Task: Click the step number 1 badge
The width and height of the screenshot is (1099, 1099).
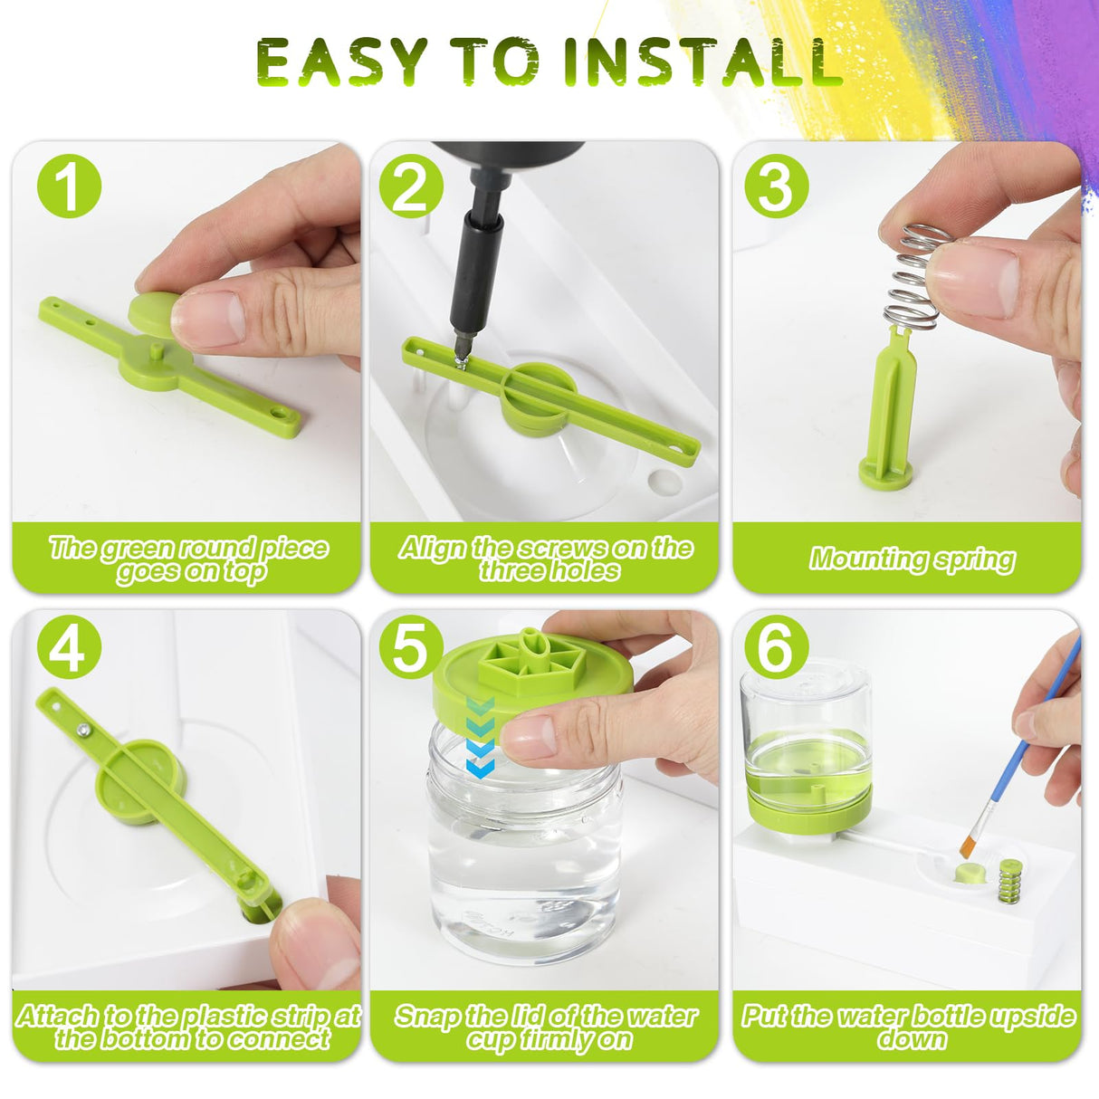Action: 68,187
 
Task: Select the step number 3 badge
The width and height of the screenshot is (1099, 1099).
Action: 775,187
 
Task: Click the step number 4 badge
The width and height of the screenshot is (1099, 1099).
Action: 68,646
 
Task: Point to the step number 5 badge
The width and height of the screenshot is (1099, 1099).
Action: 410,646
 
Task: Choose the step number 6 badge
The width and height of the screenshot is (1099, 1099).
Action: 775,646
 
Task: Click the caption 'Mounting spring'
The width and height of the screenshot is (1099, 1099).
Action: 911,559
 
